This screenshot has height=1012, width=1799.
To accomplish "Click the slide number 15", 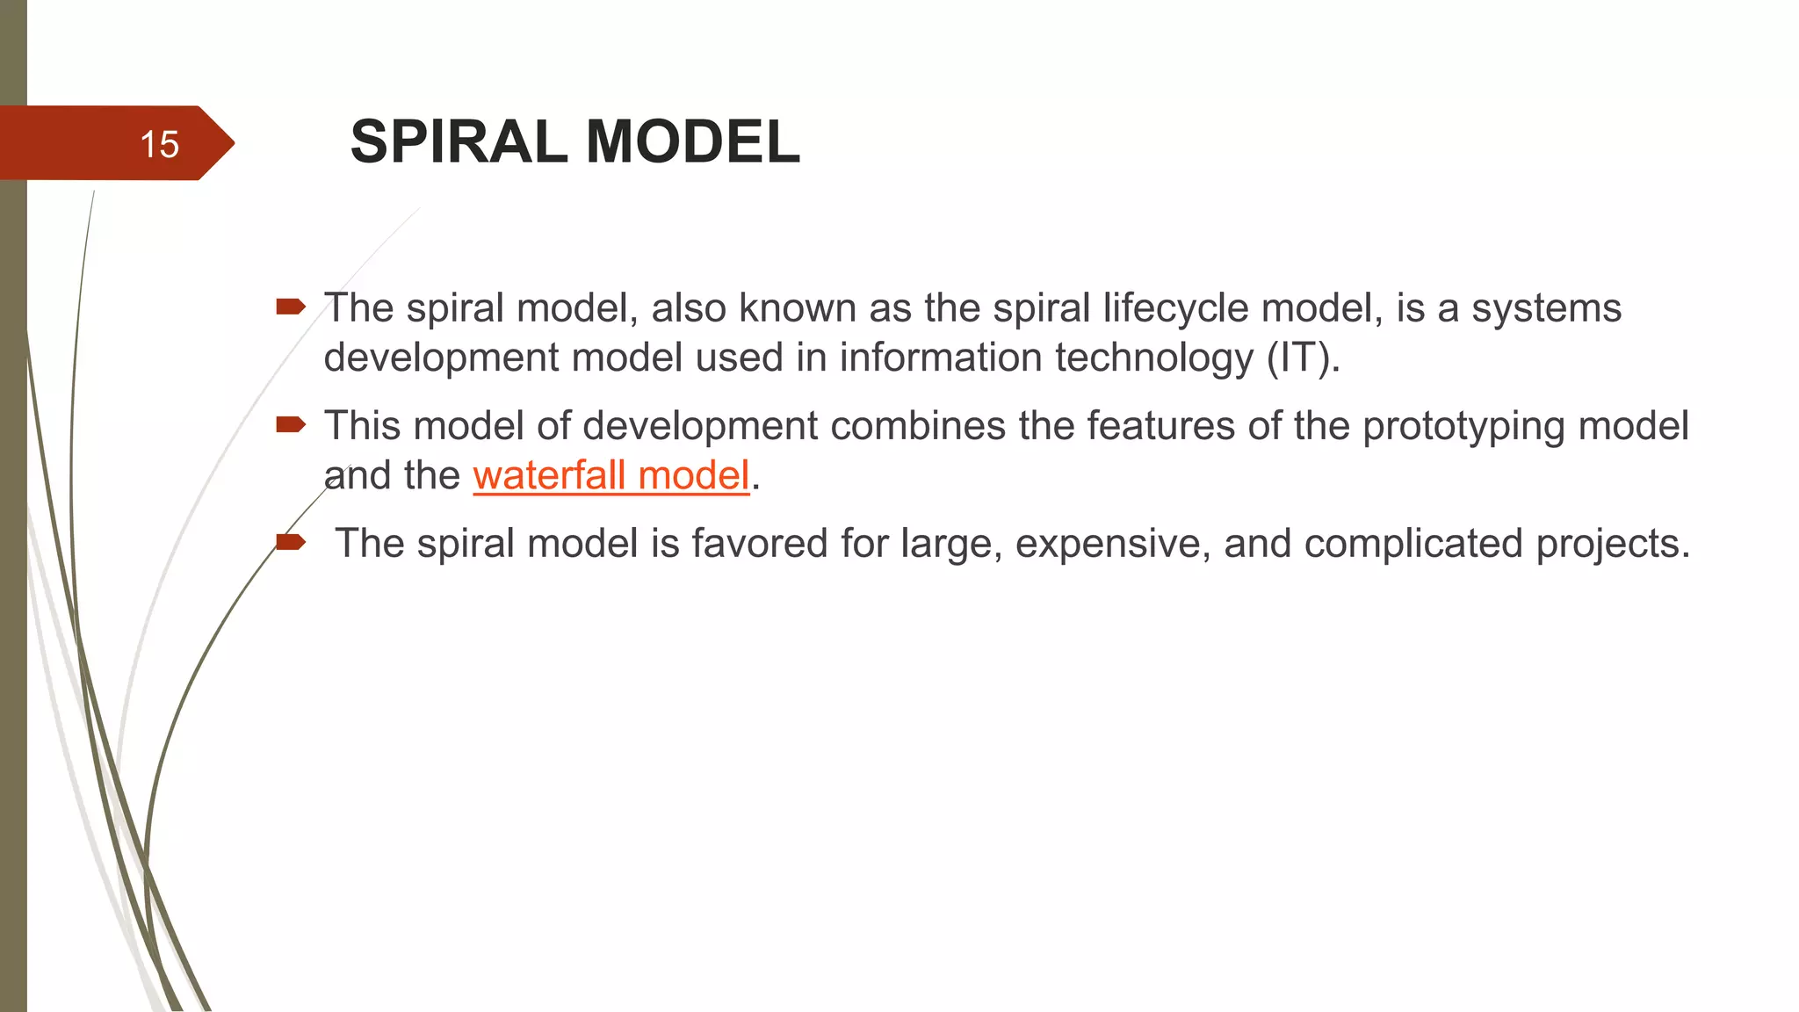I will point(159,145).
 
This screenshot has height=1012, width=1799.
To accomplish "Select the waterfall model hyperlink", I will point(611,476).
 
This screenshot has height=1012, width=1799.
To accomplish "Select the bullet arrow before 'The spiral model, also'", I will point(290,307).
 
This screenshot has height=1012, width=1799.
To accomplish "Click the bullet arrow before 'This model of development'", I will point(290,426).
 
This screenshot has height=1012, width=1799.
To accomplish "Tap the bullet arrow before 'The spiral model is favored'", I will point(290,543).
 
